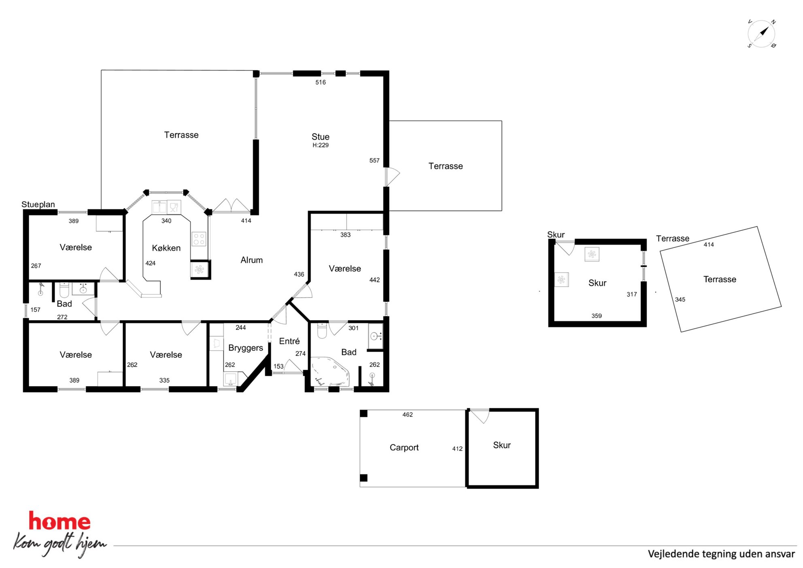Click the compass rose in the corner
(x=761, y=34)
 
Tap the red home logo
(x=59, y=521)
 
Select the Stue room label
(x=321, y=137)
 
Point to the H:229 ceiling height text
(x=321, y=145)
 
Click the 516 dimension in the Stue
(x=321, y=83)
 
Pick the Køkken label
(x=166, y=248)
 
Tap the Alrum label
(x=252, y=260)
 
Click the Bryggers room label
(x=246, y=348)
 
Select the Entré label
(x=289, y=341)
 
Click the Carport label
(x=404, y=448)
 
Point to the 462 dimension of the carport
(x=408, y=415)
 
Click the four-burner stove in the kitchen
(x=199, y=239)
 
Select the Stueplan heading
(x=38, y=204)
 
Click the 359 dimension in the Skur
(x=597, y=316)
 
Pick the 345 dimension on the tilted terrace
(x=680, y=300)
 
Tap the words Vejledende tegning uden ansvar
(x=721, y=554)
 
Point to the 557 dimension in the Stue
(x=374, y=161)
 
